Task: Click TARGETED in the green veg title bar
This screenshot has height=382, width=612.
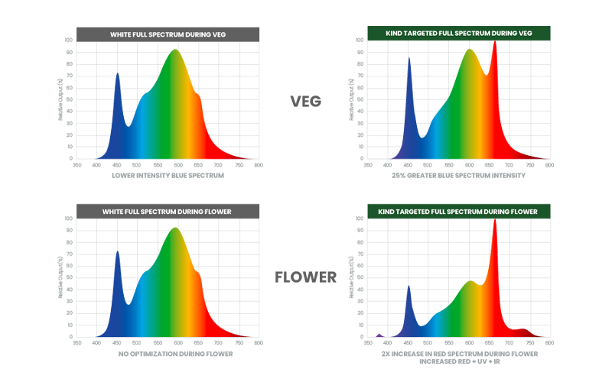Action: (x=420, y=34)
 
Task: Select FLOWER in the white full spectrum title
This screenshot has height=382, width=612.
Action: (x=216, y=211)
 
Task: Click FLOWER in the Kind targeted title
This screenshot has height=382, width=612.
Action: (x=522, y=211)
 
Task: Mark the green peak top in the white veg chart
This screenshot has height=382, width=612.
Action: (x=176, y=50)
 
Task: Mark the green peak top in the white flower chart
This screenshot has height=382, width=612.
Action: (x=176, y=228)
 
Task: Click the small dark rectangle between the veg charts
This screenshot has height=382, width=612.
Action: (x=319, y=102)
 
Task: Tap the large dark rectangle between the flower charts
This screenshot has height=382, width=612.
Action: (x=311, y=319)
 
